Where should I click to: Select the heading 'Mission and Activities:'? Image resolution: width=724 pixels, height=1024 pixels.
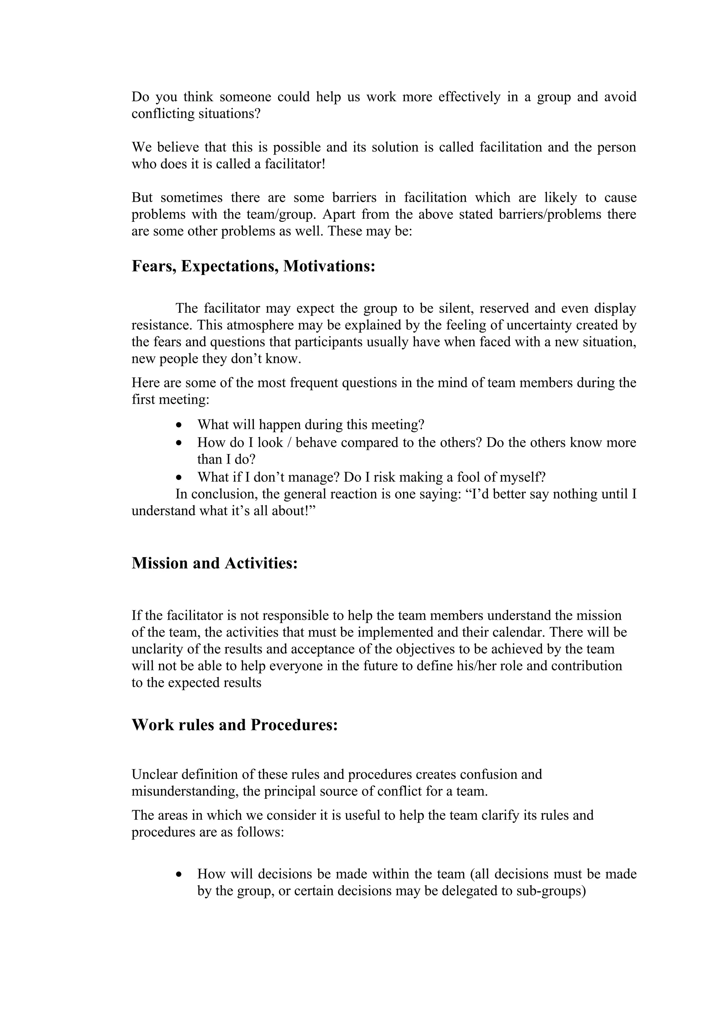[x=214, y=563]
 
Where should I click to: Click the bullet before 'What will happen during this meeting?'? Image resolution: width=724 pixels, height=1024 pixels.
[x=179, y=425]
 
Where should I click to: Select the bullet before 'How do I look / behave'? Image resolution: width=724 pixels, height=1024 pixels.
[x=179, y=443]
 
